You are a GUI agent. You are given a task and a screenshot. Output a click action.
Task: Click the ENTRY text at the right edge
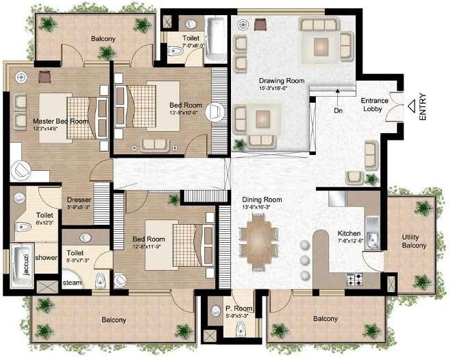pyautogui.click(x=423, y=108)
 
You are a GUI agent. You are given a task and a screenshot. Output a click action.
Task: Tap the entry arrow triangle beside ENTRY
pyautogui.click(x=410, y=106)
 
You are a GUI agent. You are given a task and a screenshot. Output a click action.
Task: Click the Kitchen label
pyautogui.click(x=350, y=232)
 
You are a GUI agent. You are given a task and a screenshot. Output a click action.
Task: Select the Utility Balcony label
pyautogui.click(x=415, y=241)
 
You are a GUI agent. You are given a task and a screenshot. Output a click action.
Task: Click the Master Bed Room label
pyautogui.click(x=60, y=121)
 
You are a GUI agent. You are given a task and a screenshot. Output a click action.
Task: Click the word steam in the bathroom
pyautogui.click(x=72, y=283)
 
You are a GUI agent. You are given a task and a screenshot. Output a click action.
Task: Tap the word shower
pyautogui.click(x=46, y=258)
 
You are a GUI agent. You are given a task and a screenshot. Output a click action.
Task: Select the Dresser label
pyautogui.click(x=79, y=200)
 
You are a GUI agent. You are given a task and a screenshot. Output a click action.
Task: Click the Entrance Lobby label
pyautogui.click(x=375, y=104)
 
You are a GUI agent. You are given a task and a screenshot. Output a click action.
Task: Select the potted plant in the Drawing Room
pyautogui.click(x=239, y=144)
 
